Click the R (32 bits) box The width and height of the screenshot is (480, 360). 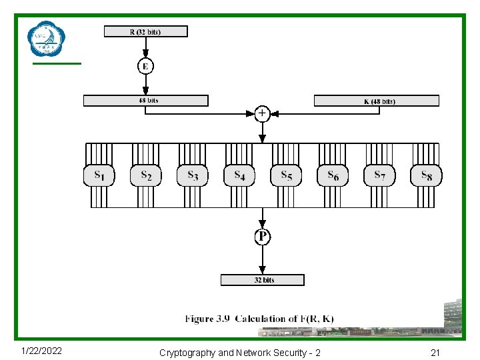(x=145, y=31)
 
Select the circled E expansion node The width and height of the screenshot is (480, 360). (x=145, y=66)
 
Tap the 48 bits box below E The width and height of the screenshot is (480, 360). (x=145, y=101)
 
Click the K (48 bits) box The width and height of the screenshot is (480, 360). (x=376, y=101)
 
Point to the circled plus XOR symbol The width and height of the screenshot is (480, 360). (x=262, y=114)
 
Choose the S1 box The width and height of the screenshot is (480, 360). (x=99, y=175)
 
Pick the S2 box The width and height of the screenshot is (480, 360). (x=146, y=175)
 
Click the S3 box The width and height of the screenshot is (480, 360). (x=193, y=175)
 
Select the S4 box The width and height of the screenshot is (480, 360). (x=239, y=175)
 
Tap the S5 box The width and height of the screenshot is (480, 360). (x=286, y=175)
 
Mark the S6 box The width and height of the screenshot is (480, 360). (x=333, y=175)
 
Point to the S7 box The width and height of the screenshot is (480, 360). (x=379, y=175)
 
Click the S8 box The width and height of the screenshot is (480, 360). (x=426, y=175)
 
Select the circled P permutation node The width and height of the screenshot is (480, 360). (x=263, y=237)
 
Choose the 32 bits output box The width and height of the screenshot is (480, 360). (x=263, y=280)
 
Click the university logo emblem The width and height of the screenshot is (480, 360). (x=47, y=39)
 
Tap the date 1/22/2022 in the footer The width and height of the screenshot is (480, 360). (x=41, y=351)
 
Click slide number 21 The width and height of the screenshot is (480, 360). (x=435, y=352)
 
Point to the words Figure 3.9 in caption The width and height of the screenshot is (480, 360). (x=207, y=319)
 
